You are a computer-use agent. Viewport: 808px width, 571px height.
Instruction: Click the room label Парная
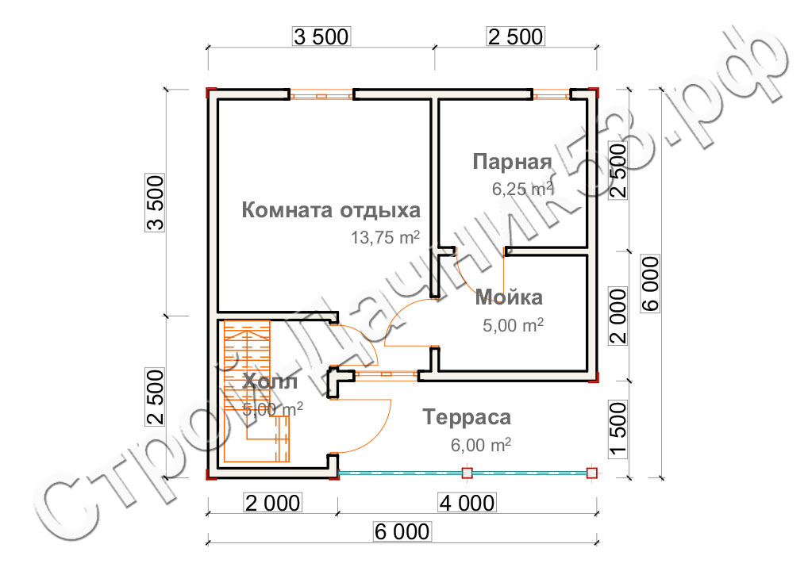512,162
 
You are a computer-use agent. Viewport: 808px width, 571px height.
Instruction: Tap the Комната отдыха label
331,210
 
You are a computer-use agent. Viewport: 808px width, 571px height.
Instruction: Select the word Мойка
509,297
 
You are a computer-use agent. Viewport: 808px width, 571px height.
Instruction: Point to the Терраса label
467,417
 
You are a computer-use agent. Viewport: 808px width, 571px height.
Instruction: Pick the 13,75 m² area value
386,237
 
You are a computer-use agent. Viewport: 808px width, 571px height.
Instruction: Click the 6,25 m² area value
522,189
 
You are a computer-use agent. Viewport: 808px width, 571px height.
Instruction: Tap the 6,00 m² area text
481,444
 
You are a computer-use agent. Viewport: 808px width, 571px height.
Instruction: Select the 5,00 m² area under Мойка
513,325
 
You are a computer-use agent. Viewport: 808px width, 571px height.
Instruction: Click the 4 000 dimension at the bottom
467,503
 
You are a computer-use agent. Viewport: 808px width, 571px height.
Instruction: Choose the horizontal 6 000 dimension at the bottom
402,531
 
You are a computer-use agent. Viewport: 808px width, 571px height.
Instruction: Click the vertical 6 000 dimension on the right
650,284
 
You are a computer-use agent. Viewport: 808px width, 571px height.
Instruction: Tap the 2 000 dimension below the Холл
272,503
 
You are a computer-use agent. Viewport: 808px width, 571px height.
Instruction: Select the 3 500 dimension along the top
321,36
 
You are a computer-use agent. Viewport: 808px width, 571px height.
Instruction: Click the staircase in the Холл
256,391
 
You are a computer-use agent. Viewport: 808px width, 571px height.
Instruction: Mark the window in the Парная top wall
551,94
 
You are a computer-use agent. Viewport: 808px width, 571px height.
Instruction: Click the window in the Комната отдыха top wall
321,95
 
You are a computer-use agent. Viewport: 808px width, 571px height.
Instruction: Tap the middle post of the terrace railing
467,473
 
